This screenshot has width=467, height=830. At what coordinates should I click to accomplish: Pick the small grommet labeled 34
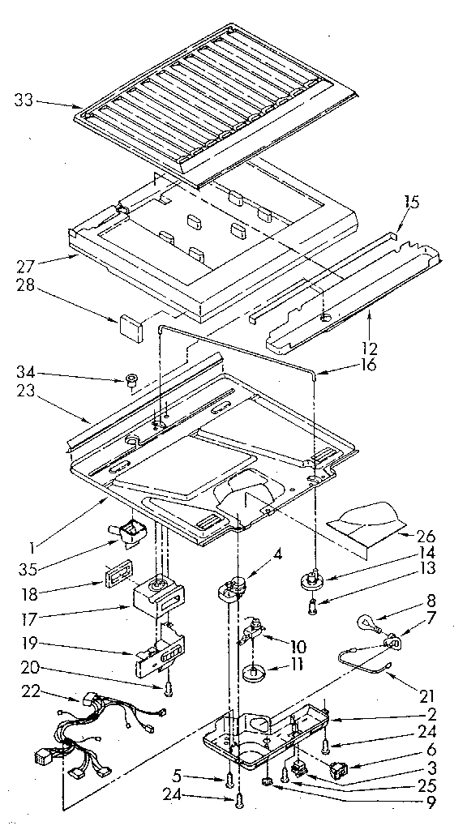click(x=131, y=378)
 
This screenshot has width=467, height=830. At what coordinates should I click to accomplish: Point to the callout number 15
click(x=411, y=203)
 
